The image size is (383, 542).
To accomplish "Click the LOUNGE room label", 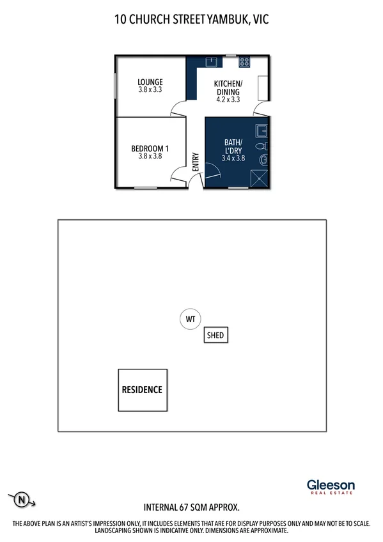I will [x=150, y=82].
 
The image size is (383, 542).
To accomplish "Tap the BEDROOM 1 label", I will [x=150, y=148].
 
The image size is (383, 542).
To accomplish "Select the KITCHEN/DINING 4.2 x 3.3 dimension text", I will [x=228, y=99].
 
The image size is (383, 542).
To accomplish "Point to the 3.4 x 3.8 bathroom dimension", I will [x=233, y=157].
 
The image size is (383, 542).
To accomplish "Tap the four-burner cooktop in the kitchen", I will [x=244, y=62].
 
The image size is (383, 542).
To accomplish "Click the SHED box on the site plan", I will [x=215, y=336].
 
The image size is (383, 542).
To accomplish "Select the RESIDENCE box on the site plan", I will [x=142, y=390].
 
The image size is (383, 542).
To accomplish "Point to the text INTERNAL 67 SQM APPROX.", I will [x=191, y=507].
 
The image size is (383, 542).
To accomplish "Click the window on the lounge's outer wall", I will [x=116, y=86].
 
